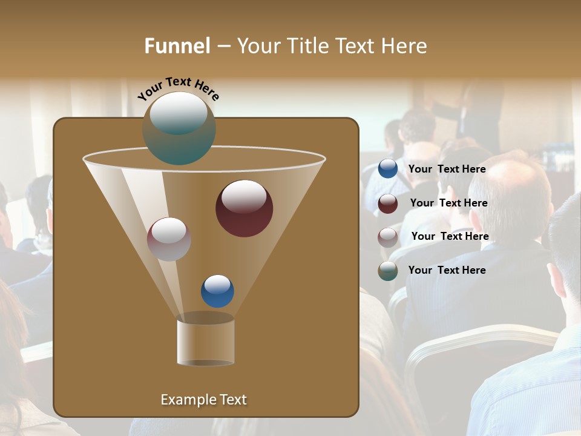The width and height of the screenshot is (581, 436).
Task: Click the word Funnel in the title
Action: tap(177, 46)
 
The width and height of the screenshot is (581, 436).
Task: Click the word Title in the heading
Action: tap(301, 46)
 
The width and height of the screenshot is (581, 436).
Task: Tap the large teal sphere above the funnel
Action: tap(179, 128)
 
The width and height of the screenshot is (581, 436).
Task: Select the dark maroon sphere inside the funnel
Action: tap(244, 208)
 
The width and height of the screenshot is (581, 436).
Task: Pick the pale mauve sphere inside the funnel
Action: tap(169, 239)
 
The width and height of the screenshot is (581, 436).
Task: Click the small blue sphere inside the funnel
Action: tap(217, 291)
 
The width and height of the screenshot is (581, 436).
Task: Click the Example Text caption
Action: tap(203, 400)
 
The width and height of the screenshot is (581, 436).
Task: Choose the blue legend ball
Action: tap(388, 169)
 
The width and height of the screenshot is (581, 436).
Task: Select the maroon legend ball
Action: tap(388, 203)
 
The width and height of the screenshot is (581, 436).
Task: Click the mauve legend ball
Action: tap(388, 237)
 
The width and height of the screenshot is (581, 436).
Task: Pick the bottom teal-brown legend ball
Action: tap(388, 271)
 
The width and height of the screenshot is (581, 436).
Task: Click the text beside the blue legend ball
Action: tap(447, 170)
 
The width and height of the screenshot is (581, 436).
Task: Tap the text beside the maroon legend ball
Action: tap(448, 203)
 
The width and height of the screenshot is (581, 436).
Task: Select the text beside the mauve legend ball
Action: tap(450, 237)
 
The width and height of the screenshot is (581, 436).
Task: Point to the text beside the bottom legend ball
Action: tap(447, 271)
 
